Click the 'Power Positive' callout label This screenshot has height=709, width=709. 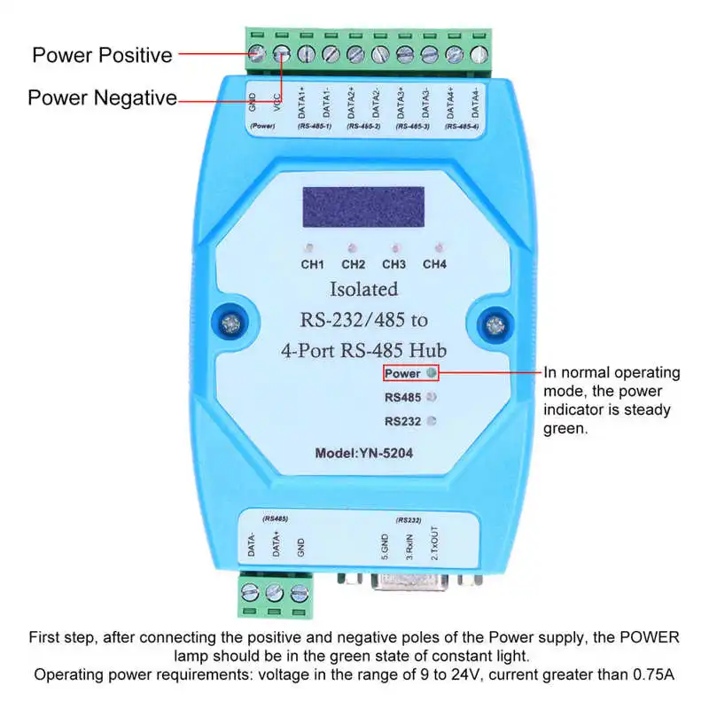(x=102, y=55)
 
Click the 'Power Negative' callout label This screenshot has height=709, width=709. (x=102, y=97)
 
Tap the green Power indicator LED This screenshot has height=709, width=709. (x=432, y=373)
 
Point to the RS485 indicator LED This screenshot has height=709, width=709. (x=432, y=397)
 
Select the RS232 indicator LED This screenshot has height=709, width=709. (x=432, y=421)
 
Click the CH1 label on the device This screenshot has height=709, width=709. (x=313, y=264)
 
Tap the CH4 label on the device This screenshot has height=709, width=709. (x=434, y=264)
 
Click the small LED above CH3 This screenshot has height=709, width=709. (x=395, y=248)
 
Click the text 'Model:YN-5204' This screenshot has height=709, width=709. (x=363, y=452)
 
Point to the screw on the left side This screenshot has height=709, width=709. (x=230, y=323)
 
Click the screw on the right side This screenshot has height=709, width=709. (x=494, y=323)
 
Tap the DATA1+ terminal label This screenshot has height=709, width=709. (x=302, y=102)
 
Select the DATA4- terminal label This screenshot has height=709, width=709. (x=478, y=102)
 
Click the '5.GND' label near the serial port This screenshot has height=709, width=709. (x=385, y=544)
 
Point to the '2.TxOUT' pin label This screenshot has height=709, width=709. (x=434, y=542)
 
